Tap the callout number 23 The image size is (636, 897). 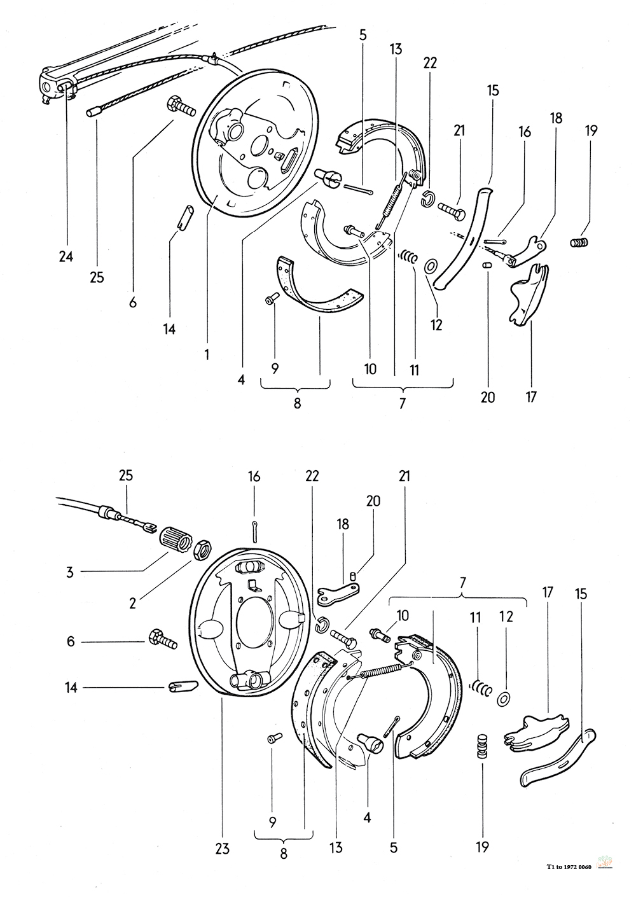point(222,848)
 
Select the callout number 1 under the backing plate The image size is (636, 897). point(207,354)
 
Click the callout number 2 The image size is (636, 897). point(132,602)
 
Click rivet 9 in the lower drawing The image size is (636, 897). point(273,737)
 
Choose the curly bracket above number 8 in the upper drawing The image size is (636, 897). point(295,386)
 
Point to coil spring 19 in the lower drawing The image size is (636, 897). point(482,745)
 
